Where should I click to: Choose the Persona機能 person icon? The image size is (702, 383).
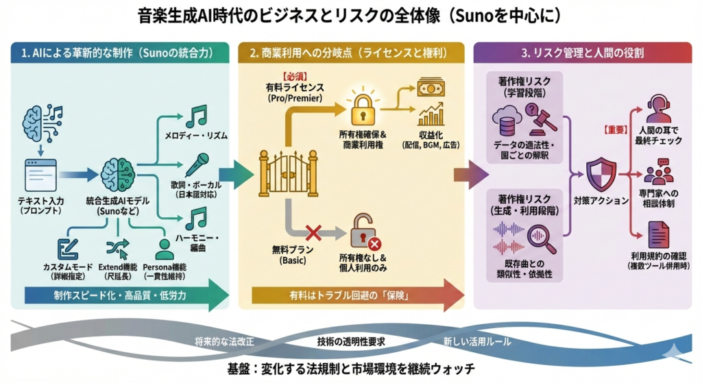tap(162, 247)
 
